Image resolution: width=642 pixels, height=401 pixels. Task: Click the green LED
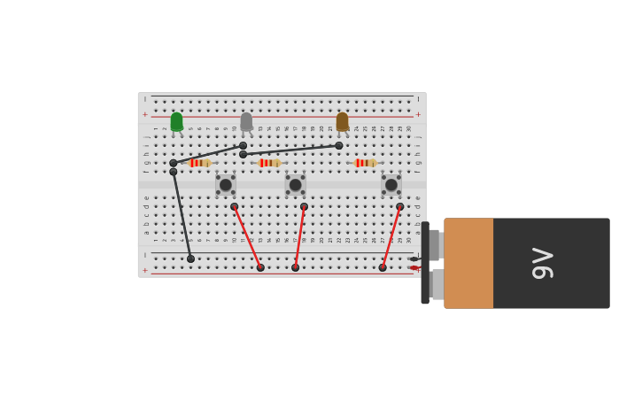click(x=176, y=121)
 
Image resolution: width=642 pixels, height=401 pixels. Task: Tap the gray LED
click(x=246, y=121)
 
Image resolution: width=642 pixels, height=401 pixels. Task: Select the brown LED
click(x=342, y=121)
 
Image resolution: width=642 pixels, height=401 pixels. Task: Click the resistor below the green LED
click(x=199, y=163)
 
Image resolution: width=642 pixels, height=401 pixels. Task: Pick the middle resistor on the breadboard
click(x=269, y=163)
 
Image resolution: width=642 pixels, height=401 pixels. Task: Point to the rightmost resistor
click(x=365, y=163)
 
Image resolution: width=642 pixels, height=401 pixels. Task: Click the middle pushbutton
click(x=295, y=184)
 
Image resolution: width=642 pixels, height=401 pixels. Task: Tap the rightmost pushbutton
click(x=391, y=184)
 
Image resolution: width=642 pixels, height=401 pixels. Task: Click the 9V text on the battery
click(x=542, y=263)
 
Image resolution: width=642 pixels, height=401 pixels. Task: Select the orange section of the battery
click(x=468, y=263)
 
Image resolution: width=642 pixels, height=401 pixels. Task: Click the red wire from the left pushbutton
click(x=247, y=236)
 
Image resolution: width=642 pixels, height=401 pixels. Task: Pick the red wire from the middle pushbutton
click(x=300, y=236)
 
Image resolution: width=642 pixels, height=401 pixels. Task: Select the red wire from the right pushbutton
click(x=391, y=236)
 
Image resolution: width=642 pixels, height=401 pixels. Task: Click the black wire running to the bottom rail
click(x=182, y=215)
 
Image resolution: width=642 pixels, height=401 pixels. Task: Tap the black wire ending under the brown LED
click(x=290, y=150)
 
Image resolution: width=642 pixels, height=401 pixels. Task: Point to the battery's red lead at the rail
click(x=414, y=267)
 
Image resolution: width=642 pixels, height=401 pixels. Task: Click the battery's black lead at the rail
click(x=414, y=258)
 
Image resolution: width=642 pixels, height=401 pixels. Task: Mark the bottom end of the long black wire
click(x=190, y=258)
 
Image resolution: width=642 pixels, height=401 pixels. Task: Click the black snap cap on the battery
click(x=425, y=263)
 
